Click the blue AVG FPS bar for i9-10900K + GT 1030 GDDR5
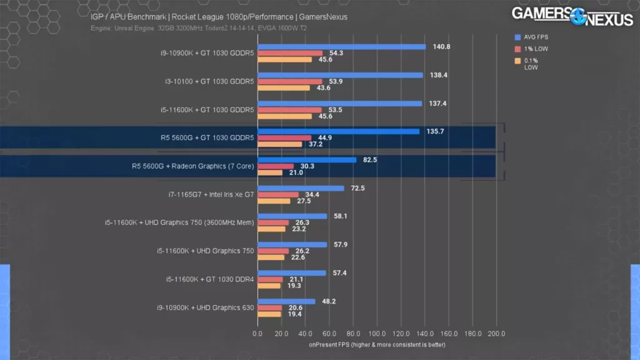click(341, 47)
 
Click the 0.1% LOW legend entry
click(530, 63)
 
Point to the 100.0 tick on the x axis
click(377, 334)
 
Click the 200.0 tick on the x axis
click(496, 334)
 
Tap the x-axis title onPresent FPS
click(376, 344)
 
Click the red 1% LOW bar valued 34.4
click(278, 194)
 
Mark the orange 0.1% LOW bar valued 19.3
click(269, 286)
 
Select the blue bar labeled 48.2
click(286, 301)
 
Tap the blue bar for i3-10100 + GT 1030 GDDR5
click(341, 75)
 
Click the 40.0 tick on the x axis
click(306, 334)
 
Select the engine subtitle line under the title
click(199, 28)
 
